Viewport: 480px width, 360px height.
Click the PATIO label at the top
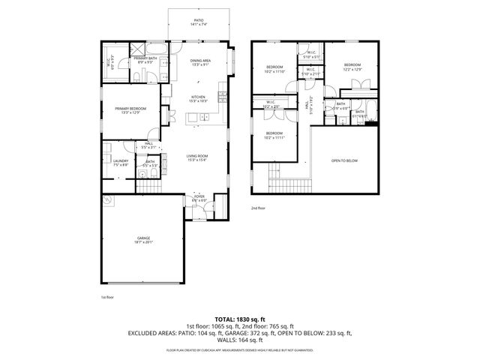199,22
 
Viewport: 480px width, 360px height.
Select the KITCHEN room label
198,98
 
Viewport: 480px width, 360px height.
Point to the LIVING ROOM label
198,157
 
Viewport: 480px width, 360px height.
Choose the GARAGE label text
144,240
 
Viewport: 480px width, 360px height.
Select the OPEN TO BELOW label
345,160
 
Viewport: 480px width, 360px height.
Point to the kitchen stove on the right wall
222,95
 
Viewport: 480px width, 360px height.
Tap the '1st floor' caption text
109,298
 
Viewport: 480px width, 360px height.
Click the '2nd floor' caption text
259,208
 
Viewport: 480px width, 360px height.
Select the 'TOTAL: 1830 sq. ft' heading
239,319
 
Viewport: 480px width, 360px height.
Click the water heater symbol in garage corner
107,200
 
